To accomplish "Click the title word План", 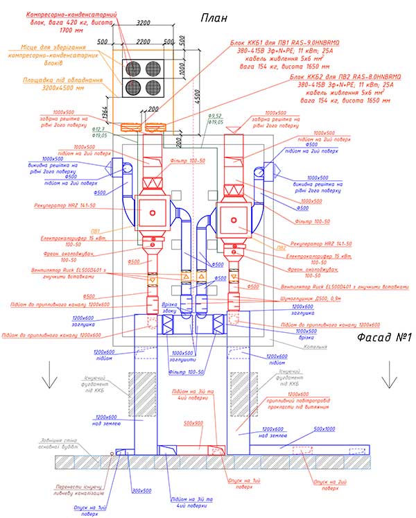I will pyautogui.click(x=214, y=17).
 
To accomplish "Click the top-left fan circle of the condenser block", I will pyautogui.click(x=132, y=67).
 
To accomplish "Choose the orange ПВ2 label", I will pyautogui.click(x=281, y=246).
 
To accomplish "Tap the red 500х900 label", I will pyautogui.click(x=196, y=422).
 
